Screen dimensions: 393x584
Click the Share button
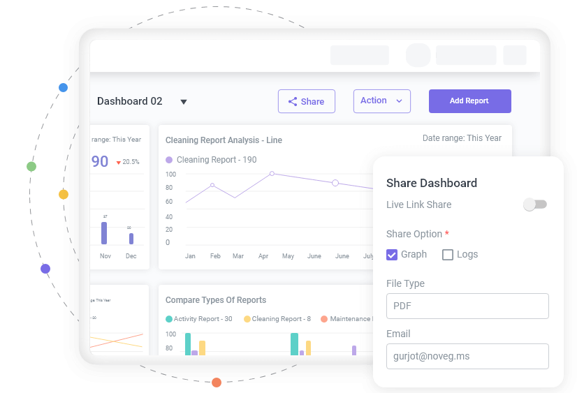306,101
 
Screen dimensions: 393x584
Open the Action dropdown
381,101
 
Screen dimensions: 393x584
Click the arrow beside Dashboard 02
184,102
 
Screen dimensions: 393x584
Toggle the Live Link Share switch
535,205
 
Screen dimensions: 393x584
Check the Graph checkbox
392,255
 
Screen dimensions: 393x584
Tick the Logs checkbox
448,255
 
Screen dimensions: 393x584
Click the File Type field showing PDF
467,306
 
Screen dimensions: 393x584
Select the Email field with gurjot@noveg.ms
467,356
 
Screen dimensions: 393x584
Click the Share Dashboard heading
431,183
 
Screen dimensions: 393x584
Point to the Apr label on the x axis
263,256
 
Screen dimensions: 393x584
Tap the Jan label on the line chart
190,256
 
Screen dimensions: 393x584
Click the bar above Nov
104,233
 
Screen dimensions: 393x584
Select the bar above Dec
131,238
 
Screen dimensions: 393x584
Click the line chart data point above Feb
212,185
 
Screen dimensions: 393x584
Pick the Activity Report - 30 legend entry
199,319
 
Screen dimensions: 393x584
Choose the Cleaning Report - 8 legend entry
277,319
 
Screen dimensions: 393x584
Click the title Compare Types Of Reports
215,300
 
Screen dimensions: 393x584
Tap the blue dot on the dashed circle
63,87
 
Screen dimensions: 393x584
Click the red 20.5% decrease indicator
127,162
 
